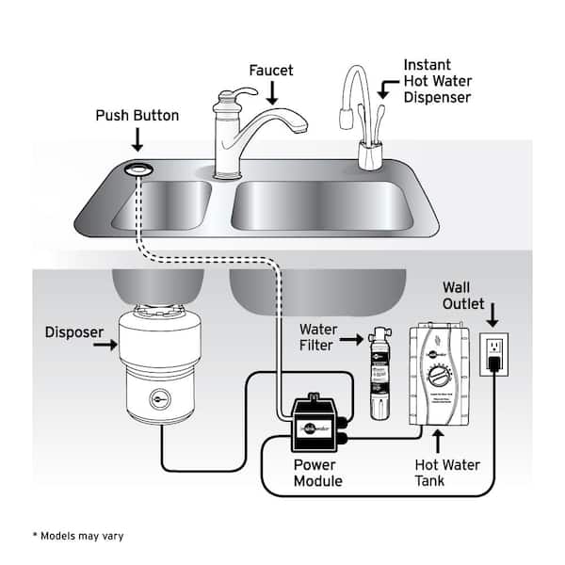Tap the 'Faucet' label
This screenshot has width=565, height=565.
(271, 71)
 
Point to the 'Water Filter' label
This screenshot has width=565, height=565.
(318, 338)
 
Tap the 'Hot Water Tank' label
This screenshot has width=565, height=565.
(447, 473)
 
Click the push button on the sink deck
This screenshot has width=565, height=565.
(138, 169)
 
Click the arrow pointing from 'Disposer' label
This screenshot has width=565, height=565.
(105, 347)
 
